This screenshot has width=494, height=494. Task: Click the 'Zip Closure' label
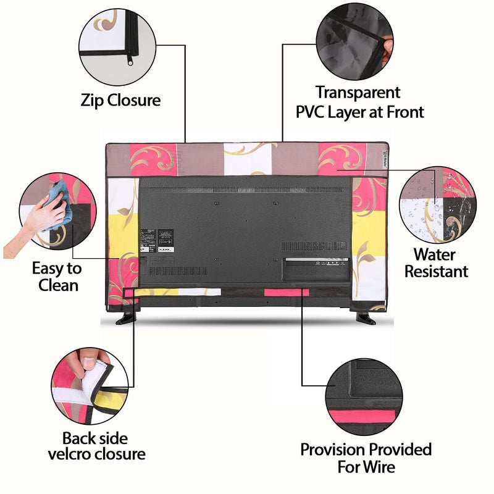pos(120,100)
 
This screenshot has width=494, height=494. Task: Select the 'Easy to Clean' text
pos(57,277)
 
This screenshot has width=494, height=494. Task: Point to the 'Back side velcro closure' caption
pos(103,446)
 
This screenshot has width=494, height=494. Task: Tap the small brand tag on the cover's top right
pos(384,152)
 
